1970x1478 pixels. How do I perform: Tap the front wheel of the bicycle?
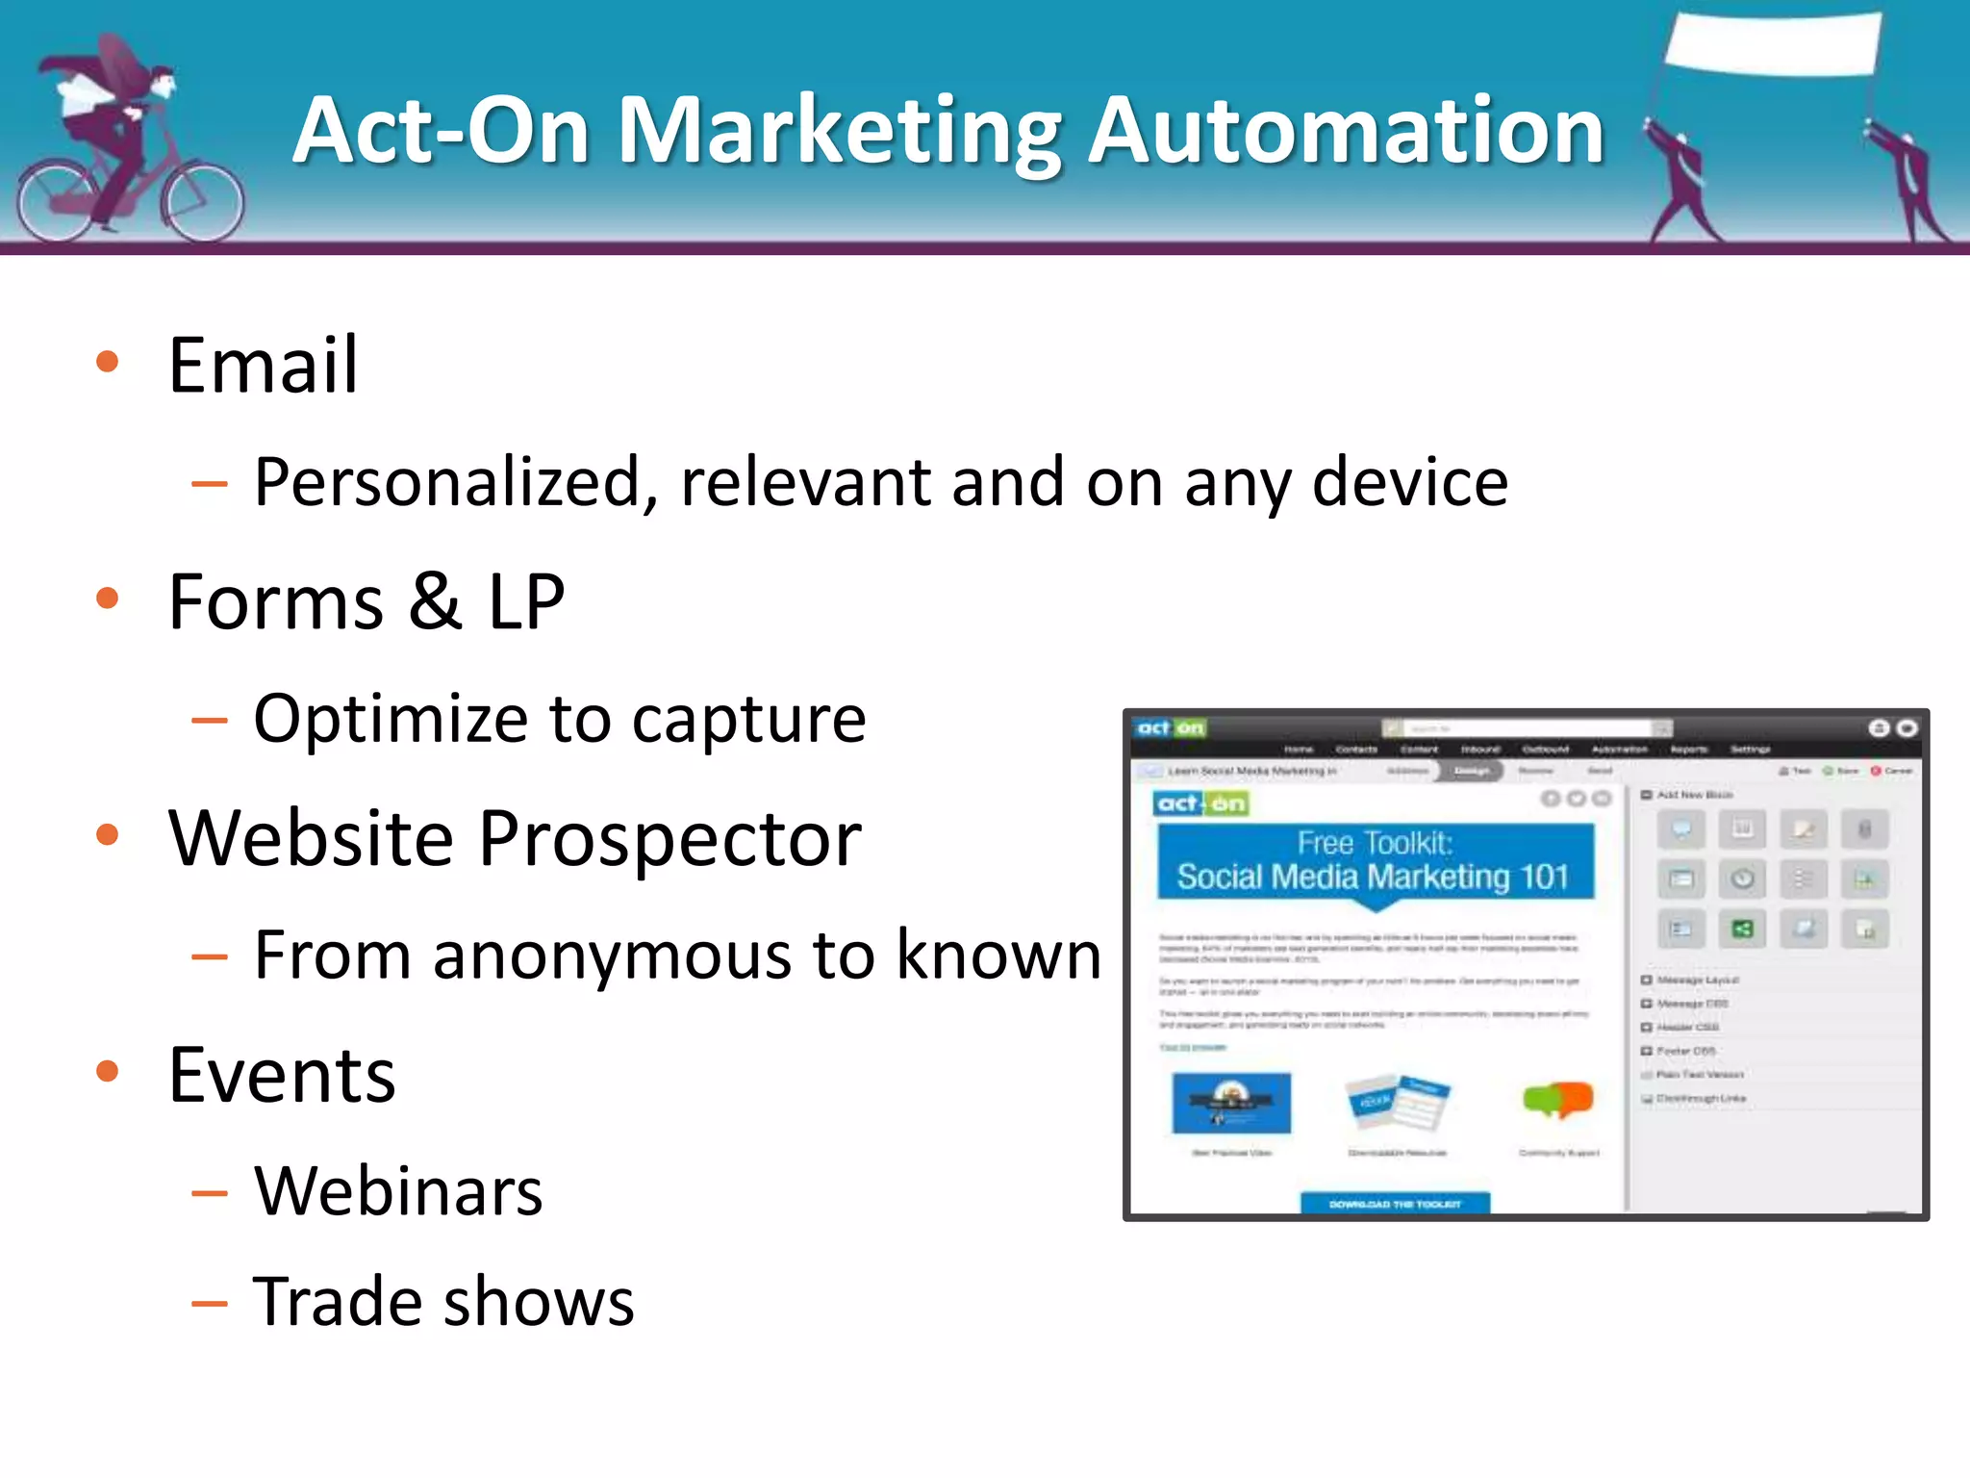[203, 203]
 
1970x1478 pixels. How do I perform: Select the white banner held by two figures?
[1773, 44]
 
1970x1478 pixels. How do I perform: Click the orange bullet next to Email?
[108, 362]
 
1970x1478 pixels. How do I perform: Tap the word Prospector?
[669, 839]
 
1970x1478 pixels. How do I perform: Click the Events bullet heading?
[281, 1075]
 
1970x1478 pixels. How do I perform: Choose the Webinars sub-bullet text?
[398, 1191]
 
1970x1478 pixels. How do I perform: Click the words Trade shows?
[443, 1302]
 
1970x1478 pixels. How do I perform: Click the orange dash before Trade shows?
[210, 1304]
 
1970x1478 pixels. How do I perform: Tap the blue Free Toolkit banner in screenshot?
[1375, 861]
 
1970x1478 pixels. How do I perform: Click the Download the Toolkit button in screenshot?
[1395, 1203]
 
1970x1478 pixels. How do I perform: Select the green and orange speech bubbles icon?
[1558, 1099]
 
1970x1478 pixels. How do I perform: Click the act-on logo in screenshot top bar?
[1170, 728]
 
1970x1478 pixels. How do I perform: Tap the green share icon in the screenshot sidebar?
[1742, 929]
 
